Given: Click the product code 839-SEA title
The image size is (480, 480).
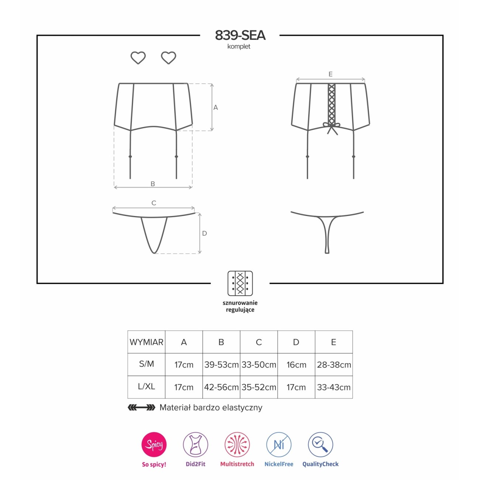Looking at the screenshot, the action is click(240, 35).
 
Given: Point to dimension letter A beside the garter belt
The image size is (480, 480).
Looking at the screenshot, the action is click(216, 107).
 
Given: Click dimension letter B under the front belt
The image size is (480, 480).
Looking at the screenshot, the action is click(153, 184).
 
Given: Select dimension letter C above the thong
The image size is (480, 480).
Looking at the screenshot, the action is click(154, 203).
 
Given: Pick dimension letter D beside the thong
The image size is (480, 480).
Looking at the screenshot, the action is click(204, 233).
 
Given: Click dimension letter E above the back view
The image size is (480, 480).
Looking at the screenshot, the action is click(330, 74).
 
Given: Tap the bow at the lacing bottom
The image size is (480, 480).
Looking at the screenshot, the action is click(332, 127).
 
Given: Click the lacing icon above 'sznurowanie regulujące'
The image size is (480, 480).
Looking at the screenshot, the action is click(240, 283).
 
